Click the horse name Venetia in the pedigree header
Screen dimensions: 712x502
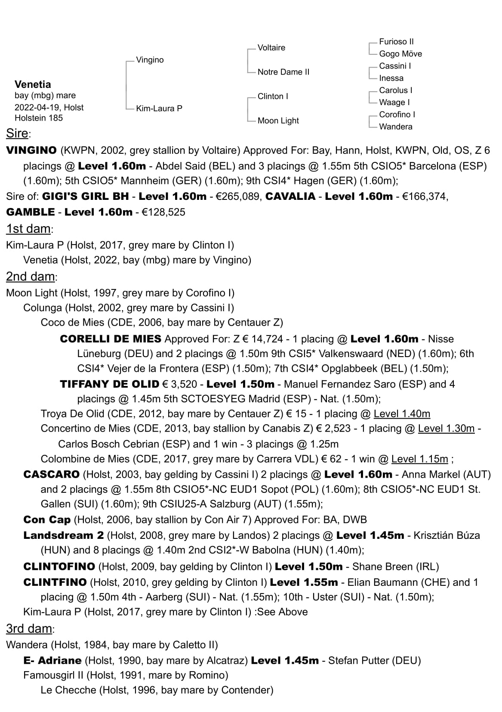pos(33,84)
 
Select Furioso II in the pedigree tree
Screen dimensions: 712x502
pos(396,41)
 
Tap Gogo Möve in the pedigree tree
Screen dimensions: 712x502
pos(400,53)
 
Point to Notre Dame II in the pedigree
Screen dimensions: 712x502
pos(283,72)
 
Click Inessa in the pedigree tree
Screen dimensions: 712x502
pos(391,78)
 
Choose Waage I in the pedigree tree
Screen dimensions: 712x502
pos(394,102)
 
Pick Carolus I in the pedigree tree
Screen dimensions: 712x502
pos(395,90)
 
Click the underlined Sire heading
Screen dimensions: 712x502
pos(17,134)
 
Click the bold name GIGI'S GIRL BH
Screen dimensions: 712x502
pos(85,196)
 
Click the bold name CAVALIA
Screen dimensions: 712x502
pos(290,196)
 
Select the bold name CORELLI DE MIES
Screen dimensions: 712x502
pos(111,339)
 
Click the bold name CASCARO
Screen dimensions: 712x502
pos(51,474)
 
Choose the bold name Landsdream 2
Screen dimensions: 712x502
pos(64,535)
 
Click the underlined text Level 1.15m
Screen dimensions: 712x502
pos(419,459)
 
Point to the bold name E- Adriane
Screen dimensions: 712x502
pos(52,660)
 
